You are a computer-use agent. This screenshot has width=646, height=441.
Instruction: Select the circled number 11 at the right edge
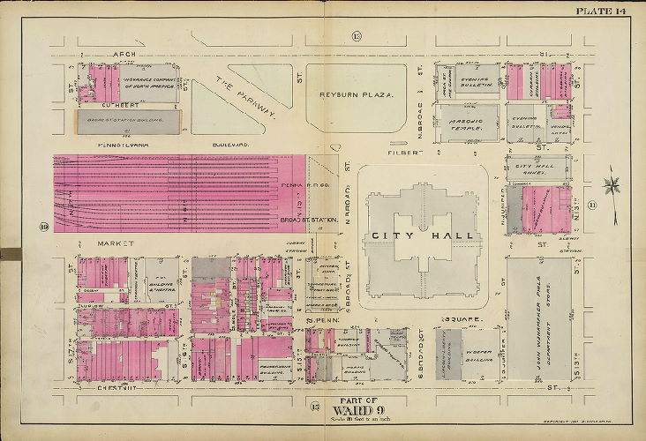[x=617, y=206]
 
